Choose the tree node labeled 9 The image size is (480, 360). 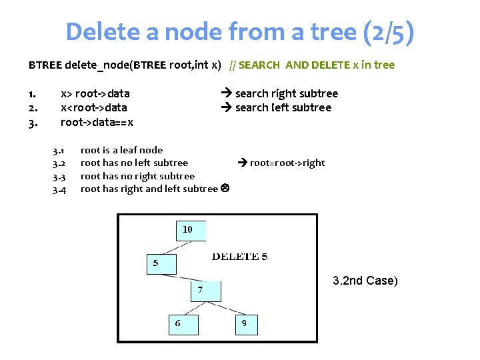tap(246, 324)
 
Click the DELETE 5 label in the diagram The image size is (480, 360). tap(239, 257)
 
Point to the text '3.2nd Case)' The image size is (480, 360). tap(365, 281)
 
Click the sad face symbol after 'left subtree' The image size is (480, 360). tap(225, 189)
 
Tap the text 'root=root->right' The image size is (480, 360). tap(287, 163)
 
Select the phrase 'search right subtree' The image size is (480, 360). tap(286, 93)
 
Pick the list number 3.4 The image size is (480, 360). tap(59, 190)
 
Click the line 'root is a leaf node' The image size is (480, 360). tap(121, 150)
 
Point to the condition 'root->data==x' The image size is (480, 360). tap(97, 122)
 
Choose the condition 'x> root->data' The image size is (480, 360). tap(95, 93)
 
